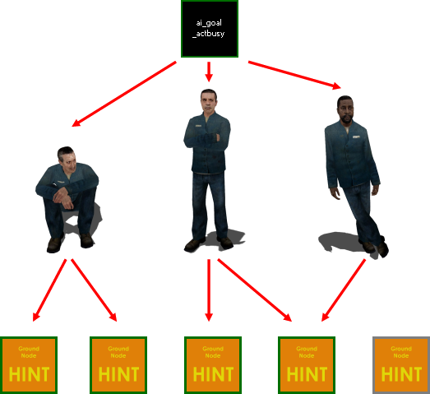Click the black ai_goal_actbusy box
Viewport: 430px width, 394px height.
[x=210, y=29]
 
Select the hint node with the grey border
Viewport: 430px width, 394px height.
[x=401, y=365]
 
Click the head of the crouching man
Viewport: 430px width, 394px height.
[x=67, y=159]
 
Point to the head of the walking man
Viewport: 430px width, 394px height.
[x=345, y=109]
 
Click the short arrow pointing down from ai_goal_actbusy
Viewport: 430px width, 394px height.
[x=209, y=72]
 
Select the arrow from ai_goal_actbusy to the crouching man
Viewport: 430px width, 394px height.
[x=124, y=94]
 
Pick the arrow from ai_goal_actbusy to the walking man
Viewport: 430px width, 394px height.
[x=294, y=75]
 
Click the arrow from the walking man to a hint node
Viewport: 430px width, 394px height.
[x=344, y=290]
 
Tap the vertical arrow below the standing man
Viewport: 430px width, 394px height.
[x=209, y=290]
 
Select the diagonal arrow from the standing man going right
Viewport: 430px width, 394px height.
[x=255, y=290]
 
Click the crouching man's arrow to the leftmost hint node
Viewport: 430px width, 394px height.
[x=49, y=290]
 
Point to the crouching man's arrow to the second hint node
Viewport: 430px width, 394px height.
[x=94, y=290]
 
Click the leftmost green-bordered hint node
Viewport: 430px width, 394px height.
[x=29, y=365]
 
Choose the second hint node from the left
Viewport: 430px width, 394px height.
[x=118, y=365]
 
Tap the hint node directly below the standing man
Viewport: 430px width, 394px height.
[x=213, y=365]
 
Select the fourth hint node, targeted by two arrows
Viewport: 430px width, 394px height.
[x=307, y=365]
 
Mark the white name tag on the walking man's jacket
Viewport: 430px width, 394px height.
[x=356, y=137]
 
